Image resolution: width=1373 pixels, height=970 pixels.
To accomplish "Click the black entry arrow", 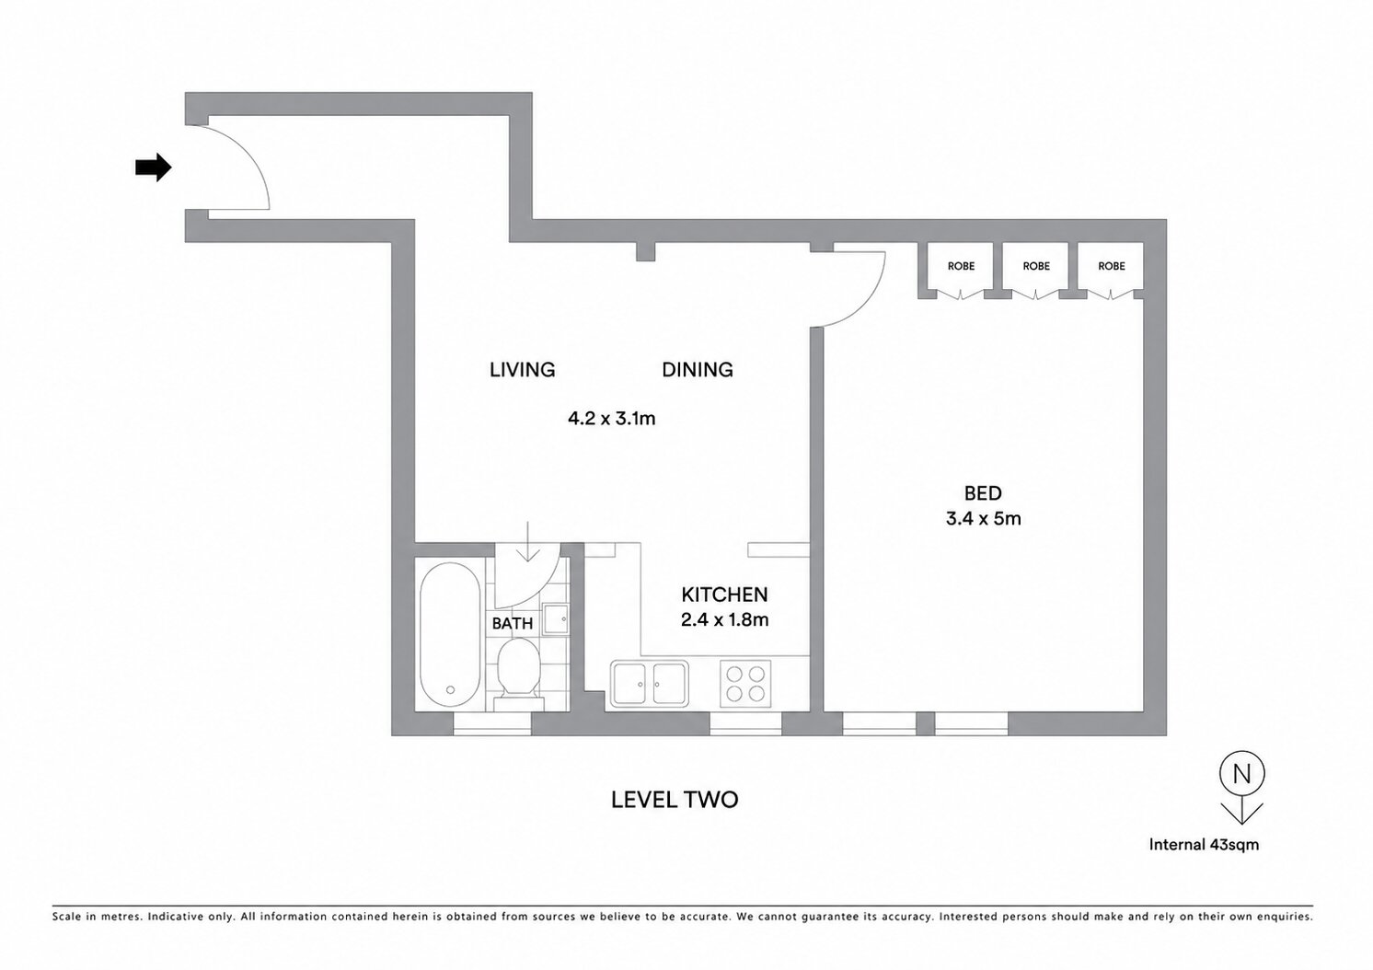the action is coord(154,167).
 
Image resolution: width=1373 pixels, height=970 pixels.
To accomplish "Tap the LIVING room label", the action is coord(522,370).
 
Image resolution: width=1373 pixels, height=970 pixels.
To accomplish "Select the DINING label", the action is coord(698,370).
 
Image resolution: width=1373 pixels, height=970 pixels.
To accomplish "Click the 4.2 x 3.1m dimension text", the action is coord(612,419).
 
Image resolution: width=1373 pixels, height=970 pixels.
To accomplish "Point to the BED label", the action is coord(983,493).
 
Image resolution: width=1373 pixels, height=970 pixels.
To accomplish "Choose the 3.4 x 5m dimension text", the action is coord(983,519).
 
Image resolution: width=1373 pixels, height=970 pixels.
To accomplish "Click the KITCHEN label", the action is coord(724,595).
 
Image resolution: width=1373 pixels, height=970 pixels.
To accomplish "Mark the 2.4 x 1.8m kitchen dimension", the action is coord(724,620).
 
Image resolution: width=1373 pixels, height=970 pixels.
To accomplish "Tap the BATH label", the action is coord(513,624).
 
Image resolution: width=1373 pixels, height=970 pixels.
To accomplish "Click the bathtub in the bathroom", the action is coord(451,634).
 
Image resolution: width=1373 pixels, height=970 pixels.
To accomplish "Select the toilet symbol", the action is coord(518,674).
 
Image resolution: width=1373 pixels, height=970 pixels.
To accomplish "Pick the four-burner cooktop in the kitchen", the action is coord(745,684).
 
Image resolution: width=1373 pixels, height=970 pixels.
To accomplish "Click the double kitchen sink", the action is coord(649,684).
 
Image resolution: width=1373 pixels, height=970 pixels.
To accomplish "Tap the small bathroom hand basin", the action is coord(556,620).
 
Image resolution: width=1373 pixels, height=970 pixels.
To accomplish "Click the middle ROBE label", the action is coord(1036,266).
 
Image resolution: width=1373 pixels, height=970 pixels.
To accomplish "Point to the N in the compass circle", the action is coord(1241,774).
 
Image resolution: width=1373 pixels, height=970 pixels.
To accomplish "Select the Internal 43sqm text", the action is coord(1204,844).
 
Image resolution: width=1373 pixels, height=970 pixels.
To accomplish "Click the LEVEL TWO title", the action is coord(675,800).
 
